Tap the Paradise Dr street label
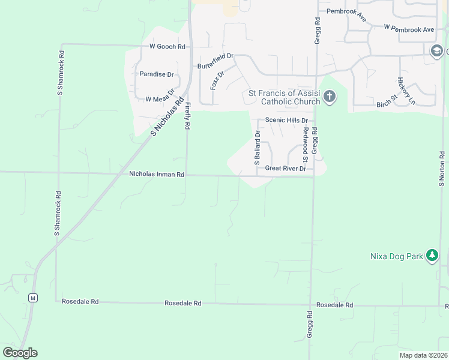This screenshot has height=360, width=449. pos(156,74)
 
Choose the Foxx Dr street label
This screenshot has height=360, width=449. pos(217,80)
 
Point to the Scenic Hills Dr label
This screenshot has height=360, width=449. pos(286,120)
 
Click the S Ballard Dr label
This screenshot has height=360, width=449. pos(257,148)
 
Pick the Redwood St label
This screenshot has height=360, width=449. pos(306,144)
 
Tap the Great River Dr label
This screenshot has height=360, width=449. pos(286,169)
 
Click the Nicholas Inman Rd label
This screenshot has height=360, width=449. pos(157,174)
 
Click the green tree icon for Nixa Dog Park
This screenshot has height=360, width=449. pos(432,256)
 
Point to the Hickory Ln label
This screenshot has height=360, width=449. pos(406,91)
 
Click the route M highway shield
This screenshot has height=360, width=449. pos(33,298)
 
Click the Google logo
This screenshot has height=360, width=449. pos(20,353)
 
